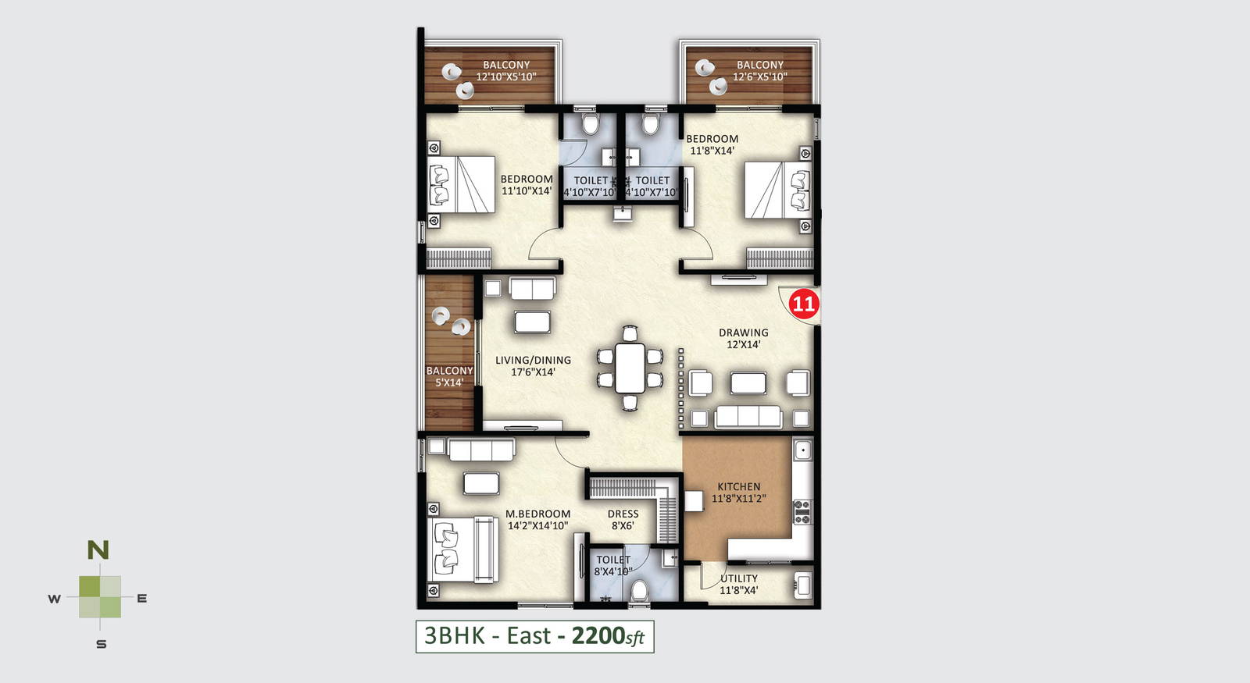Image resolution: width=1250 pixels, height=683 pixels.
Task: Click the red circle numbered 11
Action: click(x=804, y=304)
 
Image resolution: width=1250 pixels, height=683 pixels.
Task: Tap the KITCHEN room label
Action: click(x=739, y=487)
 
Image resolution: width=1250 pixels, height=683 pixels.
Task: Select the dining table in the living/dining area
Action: click(x=630, y=368)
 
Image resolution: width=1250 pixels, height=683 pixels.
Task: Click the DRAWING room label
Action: click(x=743, y=333)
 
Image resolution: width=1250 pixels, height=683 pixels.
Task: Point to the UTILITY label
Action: click(x=739, y=578)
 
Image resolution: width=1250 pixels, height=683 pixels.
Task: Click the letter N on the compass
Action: click(x=98, y=550)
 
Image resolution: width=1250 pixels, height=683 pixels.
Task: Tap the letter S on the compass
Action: click(x=101, y=645)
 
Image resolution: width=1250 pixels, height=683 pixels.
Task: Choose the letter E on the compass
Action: click(x=141, y=599)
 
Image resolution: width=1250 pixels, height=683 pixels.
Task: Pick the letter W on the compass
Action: click(x=54, y=599)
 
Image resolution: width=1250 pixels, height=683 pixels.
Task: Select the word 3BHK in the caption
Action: click(x=454, y=635)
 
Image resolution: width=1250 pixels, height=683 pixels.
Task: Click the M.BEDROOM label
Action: click(x=538, y=514)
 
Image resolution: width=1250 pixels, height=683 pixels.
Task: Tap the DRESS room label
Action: click(x=623, y=514)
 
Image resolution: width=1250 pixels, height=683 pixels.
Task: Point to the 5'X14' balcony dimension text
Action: click(x=449, y=382)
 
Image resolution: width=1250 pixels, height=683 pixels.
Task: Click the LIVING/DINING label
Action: click(x=533, y=360)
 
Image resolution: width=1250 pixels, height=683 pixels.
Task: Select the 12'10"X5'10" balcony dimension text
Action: click(x=506, y=77)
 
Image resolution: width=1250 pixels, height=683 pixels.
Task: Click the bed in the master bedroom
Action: click(x=462, y=550)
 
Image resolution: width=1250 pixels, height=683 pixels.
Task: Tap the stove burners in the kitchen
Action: click(x=802, y=512)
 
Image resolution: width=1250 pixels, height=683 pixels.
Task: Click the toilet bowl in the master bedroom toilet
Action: click(x=640, y=590)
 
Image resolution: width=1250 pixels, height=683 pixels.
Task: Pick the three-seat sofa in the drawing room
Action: click(x=748, y=416)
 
